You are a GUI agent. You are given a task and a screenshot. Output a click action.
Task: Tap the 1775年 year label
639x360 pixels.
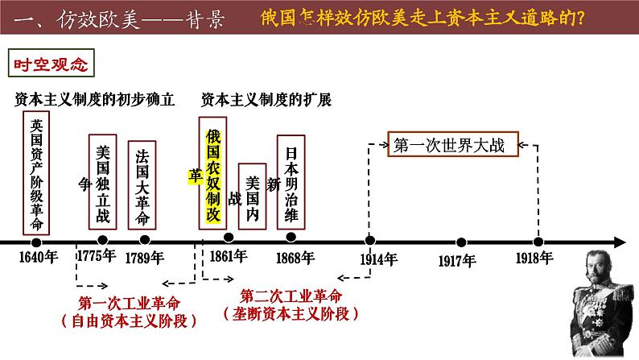[x=96, y=259]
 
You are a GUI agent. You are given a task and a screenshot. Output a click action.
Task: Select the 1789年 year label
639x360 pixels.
[x=144, y=259]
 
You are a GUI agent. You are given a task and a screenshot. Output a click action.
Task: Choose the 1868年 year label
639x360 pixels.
[x=293, y=259]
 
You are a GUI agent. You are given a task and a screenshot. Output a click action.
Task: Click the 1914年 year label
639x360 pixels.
[x=378, y=259]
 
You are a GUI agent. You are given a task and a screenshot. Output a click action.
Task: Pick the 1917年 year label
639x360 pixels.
[x=457, y=260]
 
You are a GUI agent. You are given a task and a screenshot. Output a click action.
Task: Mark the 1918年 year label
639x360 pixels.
[x=535, y=259]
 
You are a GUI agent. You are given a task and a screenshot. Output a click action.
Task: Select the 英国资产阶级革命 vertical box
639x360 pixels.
[x=36, y=172]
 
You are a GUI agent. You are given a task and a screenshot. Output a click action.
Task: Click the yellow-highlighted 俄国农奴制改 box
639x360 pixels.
[x=212, y=173]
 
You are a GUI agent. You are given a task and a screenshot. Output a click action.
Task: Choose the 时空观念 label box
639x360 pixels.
[x=51, y=60]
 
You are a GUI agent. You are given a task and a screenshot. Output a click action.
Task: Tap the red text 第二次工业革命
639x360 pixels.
[x=291, y=293]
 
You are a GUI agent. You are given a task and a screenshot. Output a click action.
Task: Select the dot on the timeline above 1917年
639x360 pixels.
[x=461, y=242]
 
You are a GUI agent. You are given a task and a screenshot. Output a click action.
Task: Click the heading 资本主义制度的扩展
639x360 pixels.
[x=266, y=100]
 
